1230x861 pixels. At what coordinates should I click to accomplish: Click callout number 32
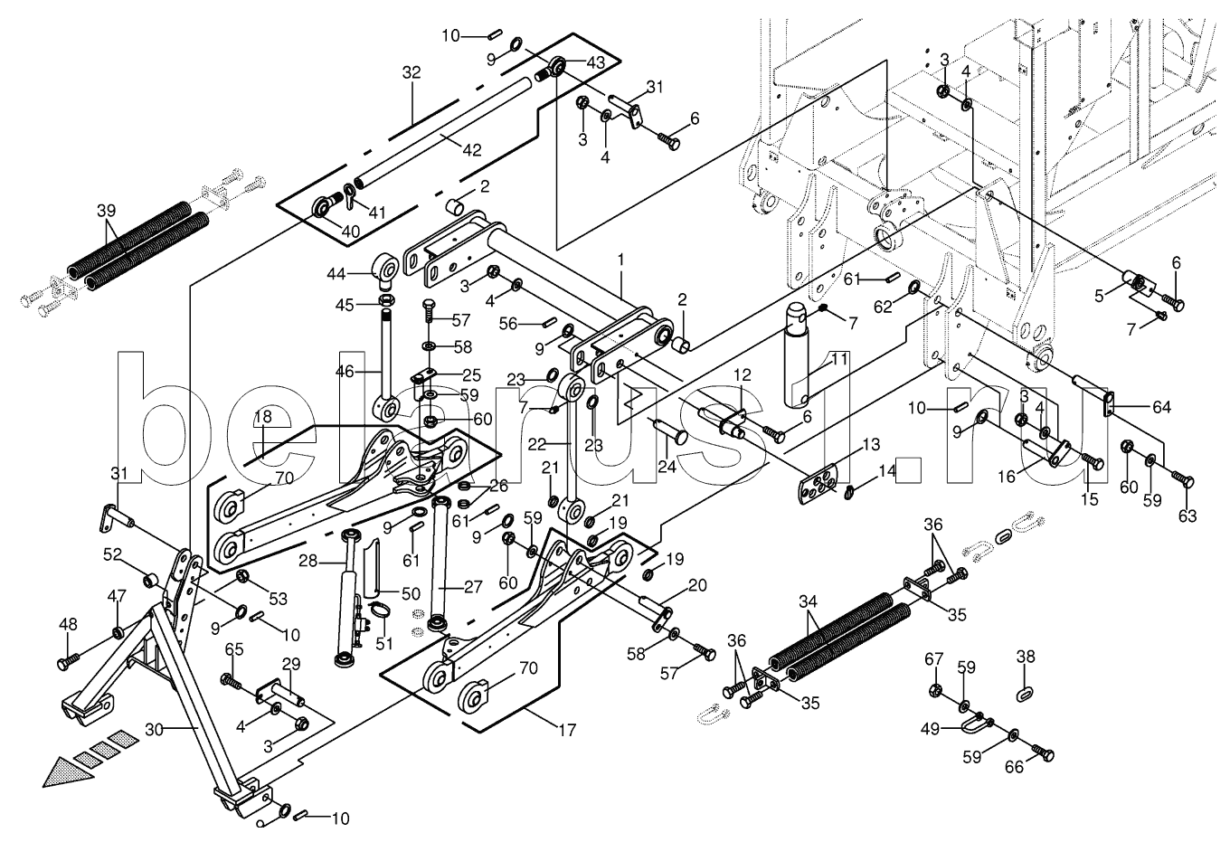coord(412,72)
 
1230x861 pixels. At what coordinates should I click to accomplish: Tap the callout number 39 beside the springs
coord(107,210)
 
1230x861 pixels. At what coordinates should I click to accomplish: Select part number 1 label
coord(621,260)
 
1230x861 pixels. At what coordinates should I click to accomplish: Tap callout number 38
coord(1025,657)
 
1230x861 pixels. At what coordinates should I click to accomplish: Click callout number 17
coord(567,730)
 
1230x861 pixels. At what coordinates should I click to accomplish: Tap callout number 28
coord(307,562)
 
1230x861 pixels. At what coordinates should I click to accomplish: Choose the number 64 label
coord(1160,408)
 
